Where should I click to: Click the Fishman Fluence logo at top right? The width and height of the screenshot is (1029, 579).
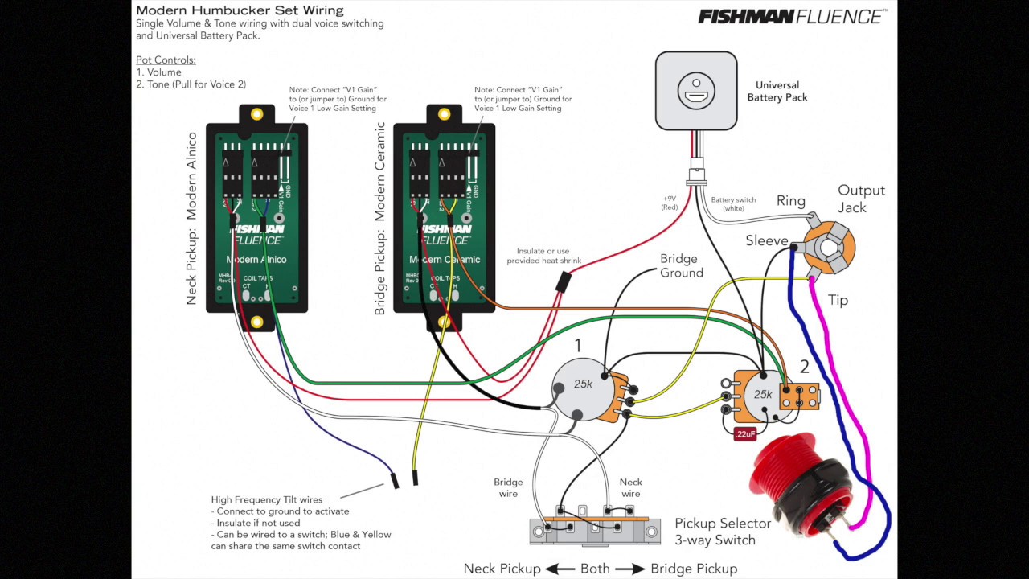pyautogui.click(x=792, y=16)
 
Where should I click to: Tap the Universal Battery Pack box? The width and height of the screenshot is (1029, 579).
pyautogui.click(x=696, y=91)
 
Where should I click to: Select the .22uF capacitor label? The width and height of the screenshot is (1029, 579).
pyautogui.click(x=745, y=434)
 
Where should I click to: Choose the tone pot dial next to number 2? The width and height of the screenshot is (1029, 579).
pyautogui.click(x=762, y=394)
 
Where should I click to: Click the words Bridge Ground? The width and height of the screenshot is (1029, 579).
pyautogui.click(x=682, y=266)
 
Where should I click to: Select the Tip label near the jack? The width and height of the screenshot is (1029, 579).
pyautogui.click(x=838, y=300)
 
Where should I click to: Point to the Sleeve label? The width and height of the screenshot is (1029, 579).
pyautogui.click(x=766, y=240)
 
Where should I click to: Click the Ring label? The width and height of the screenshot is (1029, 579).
pyautogui.click(x=790, y=201)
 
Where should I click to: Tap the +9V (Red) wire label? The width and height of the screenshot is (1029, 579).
pyautogui.click(x=670, y=203)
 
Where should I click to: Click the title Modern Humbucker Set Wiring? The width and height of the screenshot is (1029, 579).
pyautogui.click(x=240, y=10)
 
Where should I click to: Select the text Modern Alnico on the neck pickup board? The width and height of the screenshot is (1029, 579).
pyautogui.click(x=256, y=260)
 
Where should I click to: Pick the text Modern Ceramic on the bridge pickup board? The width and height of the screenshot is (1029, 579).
pyautogui.click(x=444, y=260)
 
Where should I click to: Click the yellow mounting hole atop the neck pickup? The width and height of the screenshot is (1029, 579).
pyautogui.click(x=256, y=114)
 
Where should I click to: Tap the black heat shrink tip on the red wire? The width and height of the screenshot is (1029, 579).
pyautogui.click(x=564, y=281)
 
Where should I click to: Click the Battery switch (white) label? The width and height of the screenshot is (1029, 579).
pyautogui.click(x=733, y=204)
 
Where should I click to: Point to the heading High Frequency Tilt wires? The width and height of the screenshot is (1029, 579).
pyautogui.click(x=266, y=499)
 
